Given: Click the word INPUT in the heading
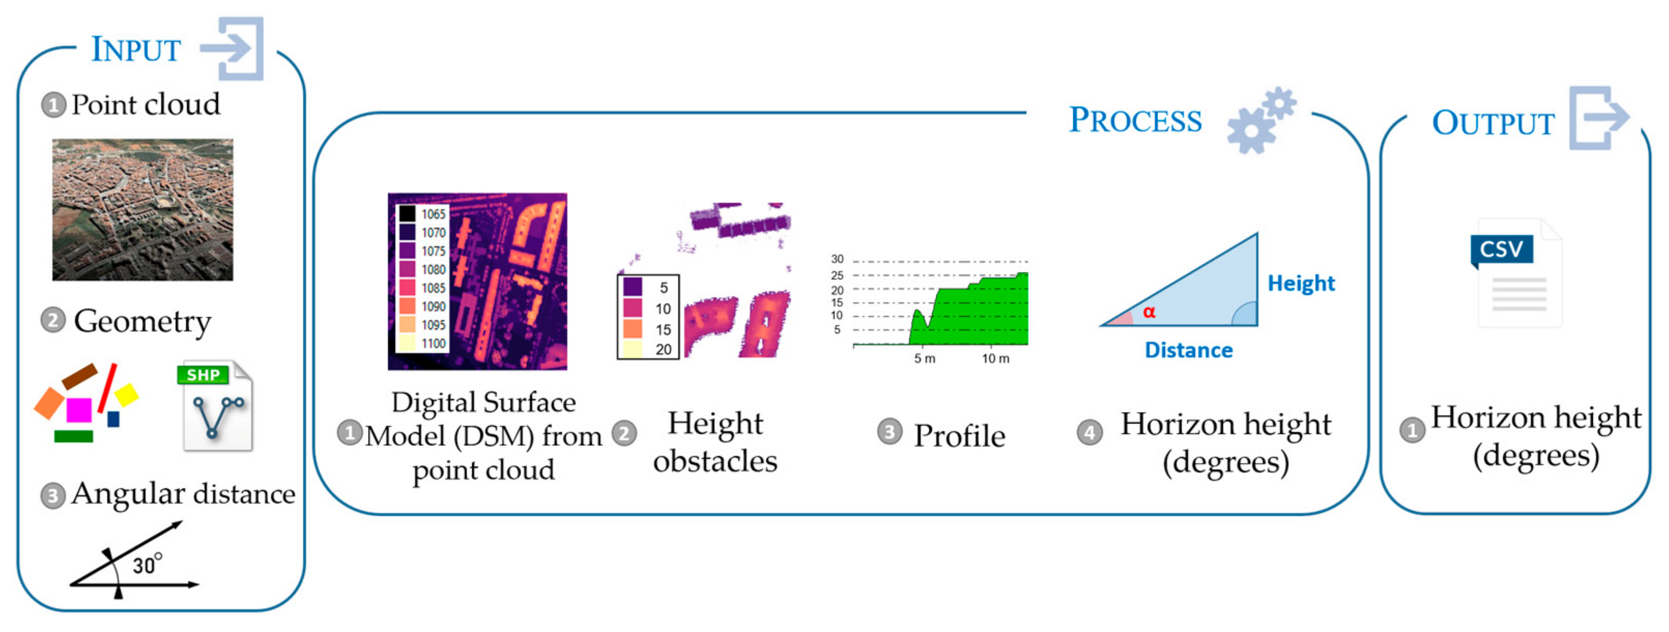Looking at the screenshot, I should (135, 50).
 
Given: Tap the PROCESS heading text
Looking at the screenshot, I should (1134, 120).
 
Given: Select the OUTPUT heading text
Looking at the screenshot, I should (1493, 123).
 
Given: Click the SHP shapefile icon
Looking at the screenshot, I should (215, 406).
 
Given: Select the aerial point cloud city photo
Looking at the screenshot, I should (143, 210).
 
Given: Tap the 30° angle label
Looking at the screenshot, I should (146, 565).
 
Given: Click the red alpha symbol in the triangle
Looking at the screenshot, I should (1149, 312).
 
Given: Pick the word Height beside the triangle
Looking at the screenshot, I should (1300, 283).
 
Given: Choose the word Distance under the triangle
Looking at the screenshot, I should (1188, 351).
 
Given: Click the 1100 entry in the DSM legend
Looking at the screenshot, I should (433, 344).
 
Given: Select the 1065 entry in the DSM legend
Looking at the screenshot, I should (433, 214).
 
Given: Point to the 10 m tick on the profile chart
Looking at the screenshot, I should (995, 359).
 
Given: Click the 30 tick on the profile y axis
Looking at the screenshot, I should (837, 259).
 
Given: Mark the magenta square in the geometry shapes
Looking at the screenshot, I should (79, 410).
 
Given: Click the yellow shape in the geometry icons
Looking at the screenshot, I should (127, 395).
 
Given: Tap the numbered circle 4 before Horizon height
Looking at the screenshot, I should (1090, 432).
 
